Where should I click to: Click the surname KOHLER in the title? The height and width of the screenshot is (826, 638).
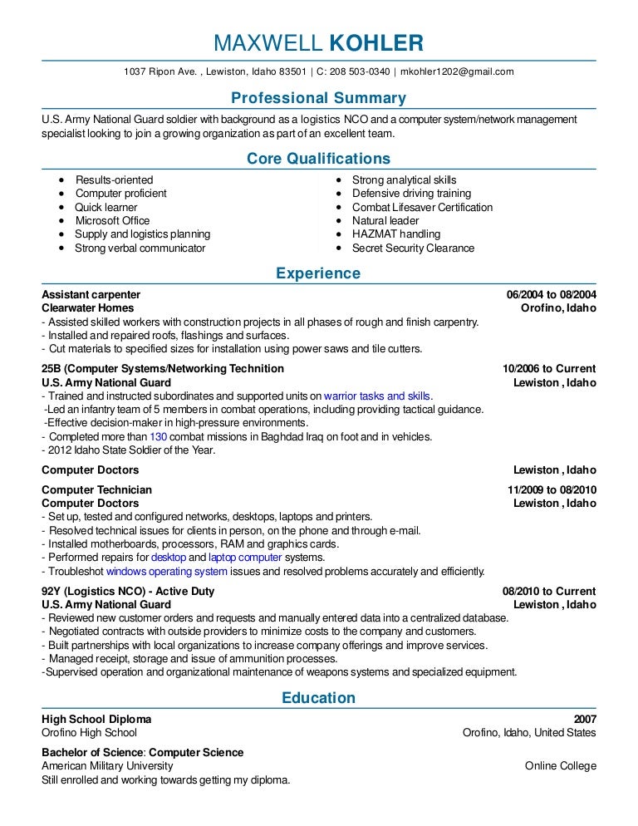pos(377,43)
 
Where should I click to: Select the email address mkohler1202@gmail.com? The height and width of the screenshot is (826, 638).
pos(457,71)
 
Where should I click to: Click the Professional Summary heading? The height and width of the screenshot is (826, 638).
pos(318,98)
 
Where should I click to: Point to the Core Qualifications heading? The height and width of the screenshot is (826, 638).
pos(318,159)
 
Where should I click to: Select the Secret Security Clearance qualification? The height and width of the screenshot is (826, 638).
pos(413,248)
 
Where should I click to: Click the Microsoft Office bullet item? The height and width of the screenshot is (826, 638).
pos(112,220)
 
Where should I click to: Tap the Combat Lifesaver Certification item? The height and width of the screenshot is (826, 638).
pos(422,207)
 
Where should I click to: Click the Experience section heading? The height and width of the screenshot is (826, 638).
pos(318,273)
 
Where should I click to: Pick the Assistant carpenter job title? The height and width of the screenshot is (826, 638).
pos(91,294)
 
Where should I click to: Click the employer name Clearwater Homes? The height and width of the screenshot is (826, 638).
pos(87,307)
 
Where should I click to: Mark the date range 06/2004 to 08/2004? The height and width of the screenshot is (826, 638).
pos(551,294)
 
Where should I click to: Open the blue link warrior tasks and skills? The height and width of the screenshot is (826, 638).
pos(377,396)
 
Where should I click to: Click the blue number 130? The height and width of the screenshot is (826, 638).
pos(159,436)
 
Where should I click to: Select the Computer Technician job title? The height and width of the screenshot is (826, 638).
pos(96,489)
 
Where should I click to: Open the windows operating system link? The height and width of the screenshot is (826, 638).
pos(166,571)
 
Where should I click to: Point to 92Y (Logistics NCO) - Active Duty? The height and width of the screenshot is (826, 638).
pos(128,591)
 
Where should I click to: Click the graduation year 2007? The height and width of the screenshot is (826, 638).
pos(584,719)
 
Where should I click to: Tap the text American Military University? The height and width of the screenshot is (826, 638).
pos(107,765)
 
